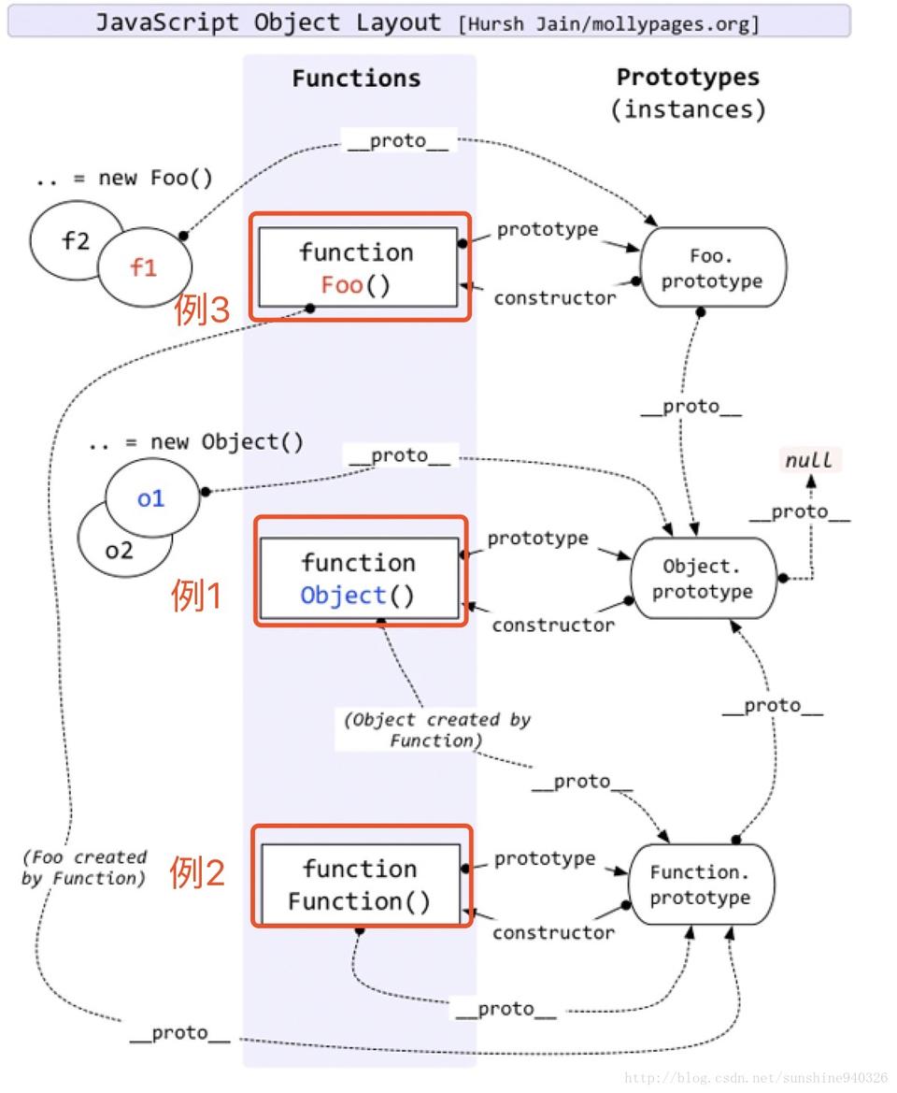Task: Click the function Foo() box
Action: click(x=358, y=267)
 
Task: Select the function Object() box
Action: click(x=360, y=578)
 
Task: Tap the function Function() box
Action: click(x=360, y=884)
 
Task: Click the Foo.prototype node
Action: click(x=712, y=267)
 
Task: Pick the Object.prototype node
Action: click(x=706, y=579)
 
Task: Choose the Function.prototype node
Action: click(x=700, y=884)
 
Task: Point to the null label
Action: click(x=810, y=460)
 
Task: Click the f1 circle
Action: click(x=145, y=266)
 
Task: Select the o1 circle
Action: click(x=151, y=498)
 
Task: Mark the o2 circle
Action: click(x=117, y=549)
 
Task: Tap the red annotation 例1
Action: click(x=196, y=596)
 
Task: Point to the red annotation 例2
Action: click(x=197, y=872)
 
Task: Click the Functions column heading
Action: click(x=356, y=79)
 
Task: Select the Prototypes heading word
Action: click(x=688, y=78)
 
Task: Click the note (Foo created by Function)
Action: click(x=84, y=868)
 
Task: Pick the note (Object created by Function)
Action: click(x=436, y=730)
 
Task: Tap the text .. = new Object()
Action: click(x=195, y=441)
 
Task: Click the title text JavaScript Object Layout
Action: click(x=268, y=22)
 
